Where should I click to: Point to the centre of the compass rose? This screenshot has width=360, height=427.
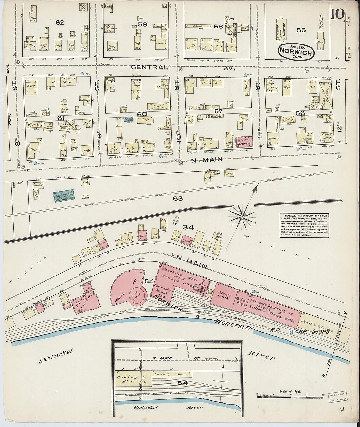pyautogui.click(x=242, y=216)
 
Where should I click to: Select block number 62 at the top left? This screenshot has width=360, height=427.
pyautogui.click(x=60, y=22)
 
